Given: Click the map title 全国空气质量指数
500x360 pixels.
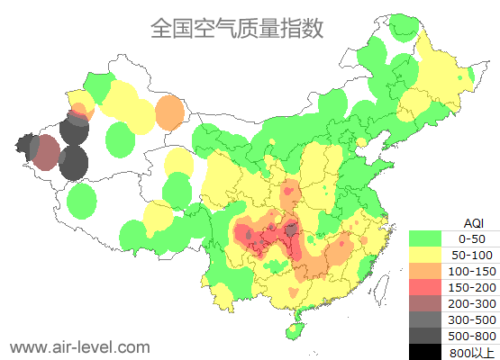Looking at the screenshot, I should pos(237,28).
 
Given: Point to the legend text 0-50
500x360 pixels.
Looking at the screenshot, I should pos(472,238).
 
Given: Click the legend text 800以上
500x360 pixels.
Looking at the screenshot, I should pos(472,352).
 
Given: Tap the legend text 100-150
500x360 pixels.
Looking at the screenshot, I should pos(472,271).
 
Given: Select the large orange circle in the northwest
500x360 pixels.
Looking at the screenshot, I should pos(169,112).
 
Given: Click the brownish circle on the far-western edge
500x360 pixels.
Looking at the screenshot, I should pos(44,152).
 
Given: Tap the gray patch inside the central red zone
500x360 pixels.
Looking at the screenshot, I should pos(292,230).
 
